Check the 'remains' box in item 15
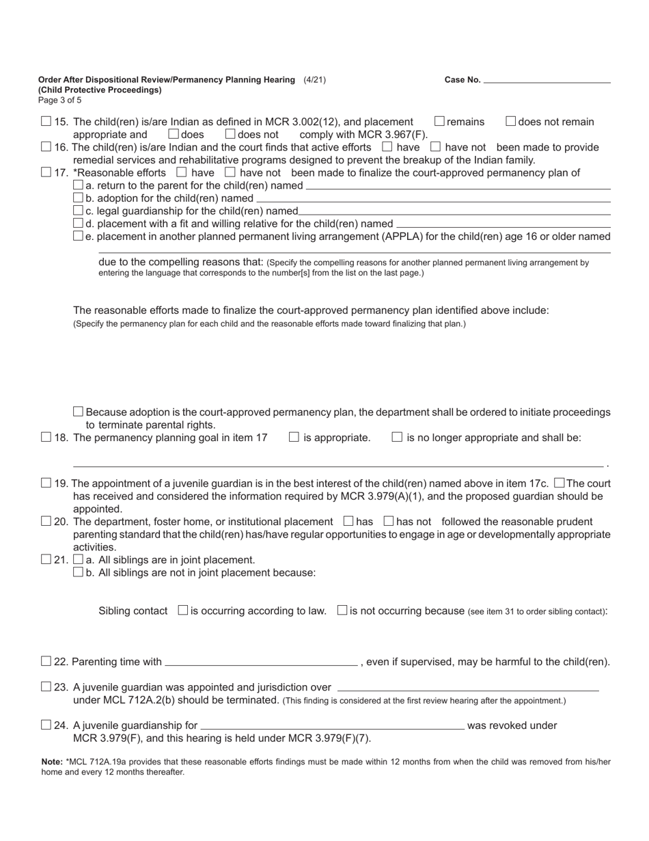click(x=440, y=122)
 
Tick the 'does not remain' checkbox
click(x=511, y=122)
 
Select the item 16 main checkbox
click(x=46, y=147)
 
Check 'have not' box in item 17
click(x=230, y=172)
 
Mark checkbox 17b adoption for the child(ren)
click(x=78, y=198)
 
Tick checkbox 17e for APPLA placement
click(x=78, y=237)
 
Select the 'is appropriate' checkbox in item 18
click(x=294, y=438)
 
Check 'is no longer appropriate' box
click(x=397, y=438)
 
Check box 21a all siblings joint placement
click(x=78, y=560)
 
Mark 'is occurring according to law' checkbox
click(x=182, y=611)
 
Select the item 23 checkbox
click(x=46, y=687)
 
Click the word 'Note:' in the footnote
click(x=52, y=761)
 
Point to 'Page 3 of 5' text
click(x=59, y=100)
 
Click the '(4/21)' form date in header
click(x=314, y=80)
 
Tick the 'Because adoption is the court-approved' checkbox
click(x=78, y=412)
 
